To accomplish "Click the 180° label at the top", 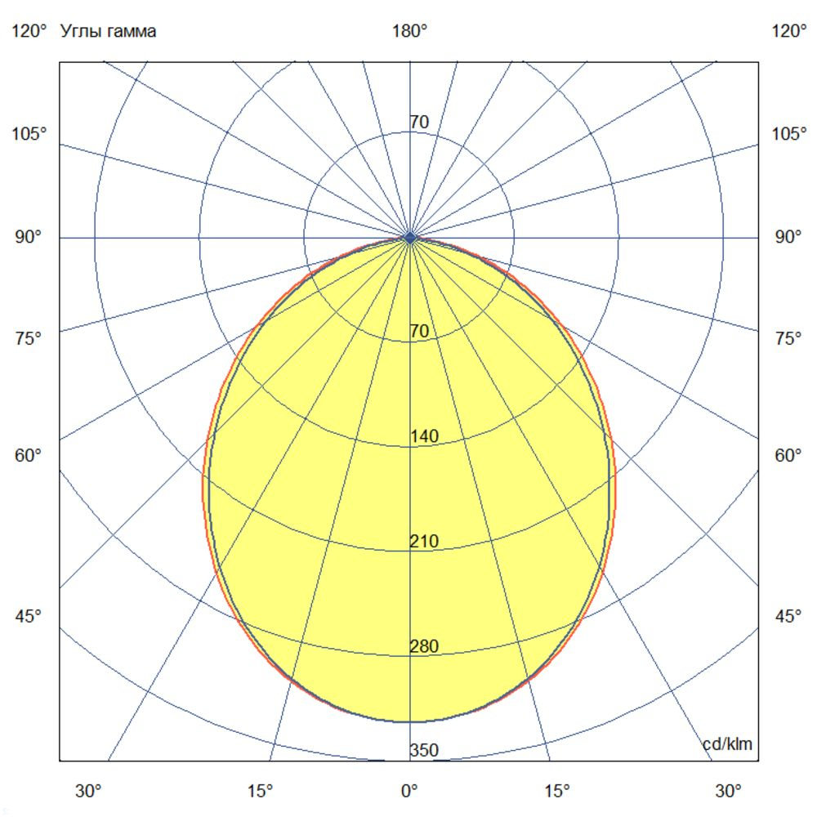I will [409, 32].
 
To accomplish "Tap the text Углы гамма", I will [108, 32].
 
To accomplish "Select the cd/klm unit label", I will [727, 743].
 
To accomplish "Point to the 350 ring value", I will [424, 751].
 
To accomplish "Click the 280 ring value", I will [424, 646].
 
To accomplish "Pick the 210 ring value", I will [424, 542].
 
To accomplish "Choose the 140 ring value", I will [424, 436].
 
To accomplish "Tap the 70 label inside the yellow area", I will [419, 332].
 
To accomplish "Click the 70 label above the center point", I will [419, 123].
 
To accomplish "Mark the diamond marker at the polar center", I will [410, 238].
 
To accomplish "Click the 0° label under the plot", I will [409, 791].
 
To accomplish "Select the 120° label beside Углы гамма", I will [29, 32].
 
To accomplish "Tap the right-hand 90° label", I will [788, 238].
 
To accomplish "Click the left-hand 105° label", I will [29, 134].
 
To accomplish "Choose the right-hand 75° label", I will [788, 338].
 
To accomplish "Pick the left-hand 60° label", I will [28, 455].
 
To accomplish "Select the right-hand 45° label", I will [788, 616].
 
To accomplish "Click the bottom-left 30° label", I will [89, 791].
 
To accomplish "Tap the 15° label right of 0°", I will [558, 791].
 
